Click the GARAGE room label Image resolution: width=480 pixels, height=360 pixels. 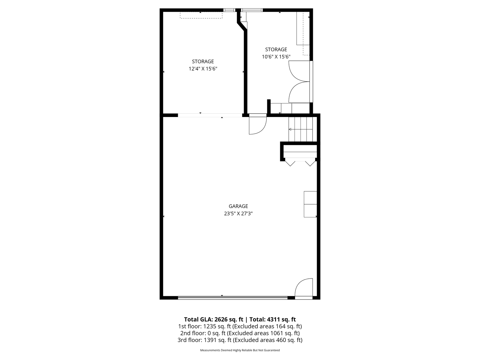tap(238, 206)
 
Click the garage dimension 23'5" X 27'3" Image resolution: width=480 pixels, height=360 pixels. tap(238, 213)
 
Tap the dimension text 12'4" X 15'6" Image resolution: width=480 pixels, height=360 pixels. tap(203, 69)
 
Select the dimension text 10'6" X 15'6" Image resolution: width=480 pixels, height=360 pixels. tap(276, 57)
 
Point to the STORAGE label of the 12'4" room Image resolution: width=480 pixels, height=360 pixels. tap(203, 61)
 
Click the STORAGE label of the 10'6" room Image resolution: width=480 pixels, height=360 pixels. tap(276, 49)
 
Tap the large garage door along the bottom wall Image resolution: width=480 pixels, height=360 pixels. tap(233, 297)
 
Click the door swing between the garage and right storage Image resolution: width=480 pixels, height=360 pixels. tap(257, 125)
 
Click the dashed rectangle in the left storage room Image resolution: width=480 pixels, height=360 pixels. tap(201, 15)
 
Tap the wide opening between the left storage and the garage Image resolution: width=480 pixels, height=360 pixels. tap(210, 115)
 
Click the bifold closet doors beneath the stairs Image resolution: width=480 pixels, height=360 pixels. tap(300, 163)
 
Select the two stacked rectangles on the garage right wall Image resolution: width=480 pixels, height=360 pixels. tap(310, 204)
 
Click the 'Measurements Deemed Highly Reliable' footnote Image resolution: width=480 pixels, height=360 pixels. tap(240, 350)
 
